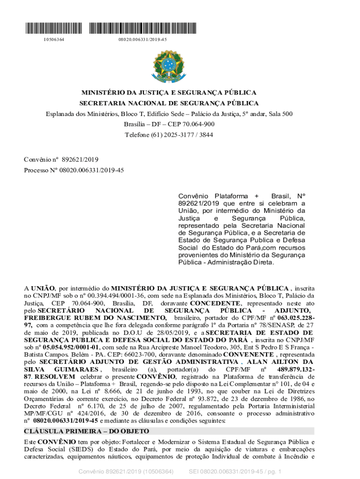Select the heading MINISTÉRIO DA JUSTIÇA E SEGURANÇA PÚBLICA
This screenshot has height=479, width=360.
169,93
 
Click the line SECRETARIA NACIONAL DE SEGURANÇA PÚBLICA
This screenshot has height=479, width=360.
169,103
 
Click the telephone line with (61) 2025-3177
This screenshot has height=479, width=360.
169,135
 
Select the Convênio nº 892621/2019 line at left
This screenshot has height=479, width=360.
61,159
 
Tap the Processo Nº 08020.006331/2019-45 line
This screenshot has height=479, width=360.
74,170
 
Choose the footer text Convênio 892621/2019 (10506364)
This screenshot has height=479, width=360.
126,472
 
